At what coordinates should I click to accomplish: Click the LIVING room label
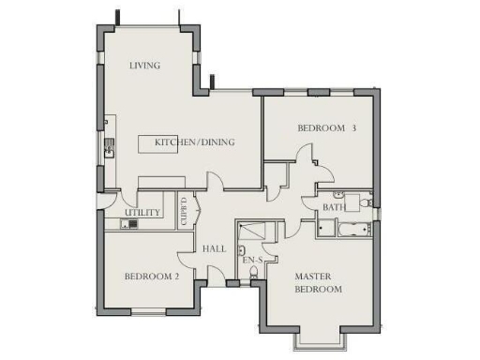coord(144,66)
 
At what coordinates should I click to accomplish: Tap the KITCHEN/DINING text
coord(194,142)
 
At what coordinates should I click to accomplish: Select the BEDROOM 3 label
coord(327,127)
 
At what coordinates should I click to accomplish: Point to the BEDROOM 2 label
coord(151,277)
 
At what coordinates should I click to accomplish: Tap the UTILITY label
coord(143,213)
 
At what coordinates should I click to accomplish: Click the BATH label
coord(334,207)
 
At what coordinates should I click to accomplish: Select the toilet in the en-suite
coord(241,252)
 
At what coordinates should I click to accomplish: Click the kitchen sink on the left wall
coord(110,147)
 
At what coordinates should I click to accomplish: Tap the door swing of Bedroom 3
coord(307,158)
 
